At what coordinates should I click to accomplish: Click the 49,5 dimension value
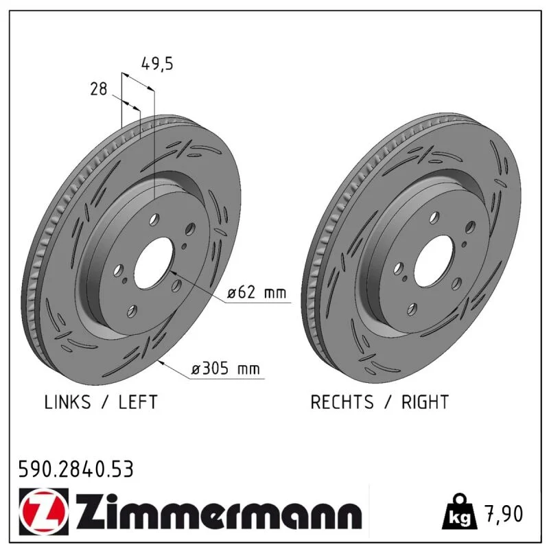(157, 64)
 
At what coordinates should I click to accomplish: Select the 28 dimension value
(99, 89)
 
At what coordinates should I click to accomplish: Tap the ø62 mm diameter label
(257, 292)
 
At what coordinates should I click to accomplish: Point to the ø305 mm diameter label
(226, 369)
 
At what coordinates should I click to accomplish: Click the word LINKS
(67, 402)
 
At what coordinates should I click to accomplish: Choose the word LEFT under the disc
(138, 402)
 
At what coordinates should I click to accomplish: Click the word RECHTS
(342, 402)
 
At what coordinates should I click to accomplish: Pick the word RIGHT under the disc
(425, 402)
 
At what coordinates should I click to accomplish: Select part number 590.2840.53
(76, 469)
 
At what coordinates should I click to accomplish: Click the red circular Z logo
(43, 512)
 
